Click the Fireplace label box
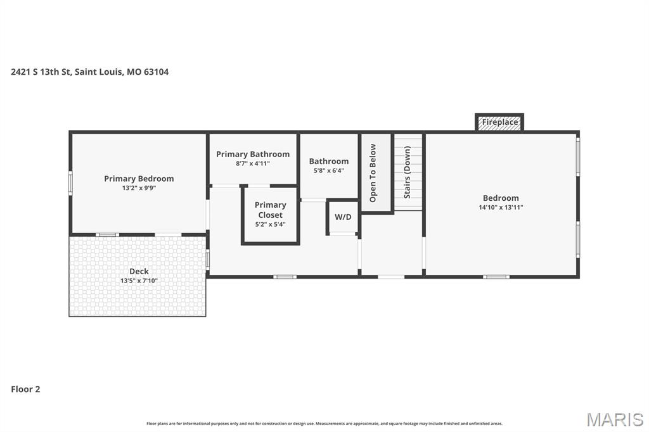(x=499, y=122)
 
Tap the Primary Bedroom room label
(x=139, y=179)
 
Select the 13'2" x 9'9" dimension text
(x=139, y=188)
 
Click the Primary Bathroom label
(x=253, y=154)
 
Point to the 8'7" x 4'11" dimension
(x=253, y=163)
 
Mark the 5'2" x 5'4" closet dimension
(x=270, y=224)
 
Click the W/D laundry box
(x=343, y=217)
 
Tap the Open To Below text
(x=373, y=173)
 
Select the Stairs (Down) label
(x=407, y=172)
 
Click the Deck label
(x=139, y=271)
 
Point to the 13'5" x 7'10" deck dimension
(x=139, y=281)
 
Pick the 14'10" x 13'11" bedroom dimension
(x=501, y=207)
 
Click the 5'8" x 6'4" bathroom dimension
(x=329, y=170)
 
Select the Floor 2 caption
(x=25, y=389)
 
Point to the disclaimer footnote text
(x=324, y=423)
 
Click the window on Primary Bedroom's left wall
(x=70, y=182)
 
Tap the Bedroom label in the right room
(x=501, y=198)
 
